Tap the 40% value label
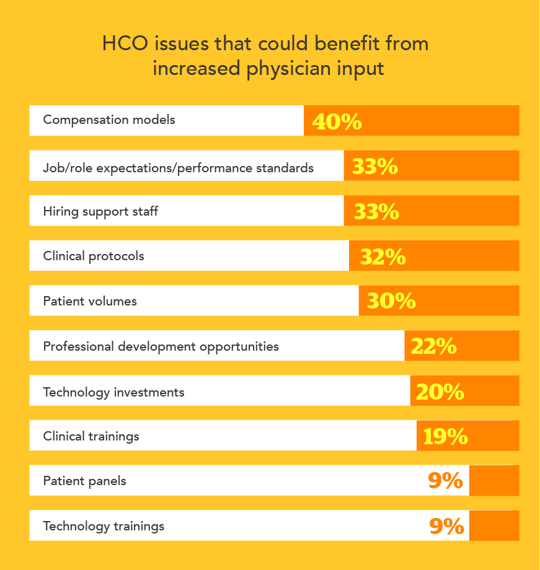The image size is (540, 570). point(337,121)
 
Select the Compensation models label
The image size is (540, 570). point(109,120)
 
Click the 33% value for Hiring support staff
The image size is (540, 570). point(376,212)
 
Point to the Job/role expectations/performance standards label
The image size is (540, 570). point(178,168)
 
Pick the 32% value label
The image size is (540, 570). point(383,256)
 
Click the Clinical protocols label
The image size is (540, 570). point(94,256)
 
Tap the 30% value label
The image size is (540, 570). point(391,301)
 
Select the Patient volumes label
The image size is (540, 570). point(90,301)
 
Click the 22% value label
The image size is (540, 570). point(433,346)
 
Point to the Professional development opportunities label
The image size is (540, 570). point(161,346)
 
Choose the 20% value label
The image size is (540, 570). point(440,392)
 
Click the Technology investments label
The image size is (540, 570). point(113,392)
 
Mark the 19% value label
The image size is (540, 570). point(445,436)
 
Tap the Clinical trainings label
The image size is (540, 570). point(91,436)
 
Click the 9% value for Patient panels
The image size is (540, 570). point(445,481)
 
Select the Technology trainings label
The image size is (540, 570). point(104,526)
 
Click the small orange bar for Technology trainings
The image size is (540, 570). point(494,526)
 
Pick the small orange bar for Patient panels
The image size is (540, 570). point(494,481)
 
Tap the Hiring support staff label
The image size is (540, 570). point(100,211)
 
